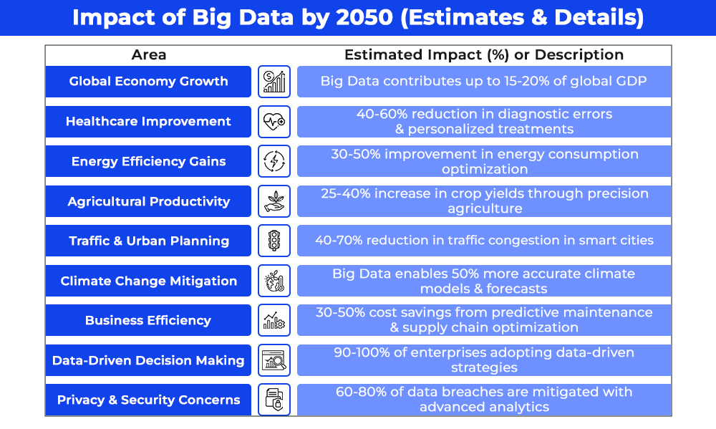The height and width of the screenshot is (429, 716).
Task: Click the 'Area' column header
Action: pos(148,55)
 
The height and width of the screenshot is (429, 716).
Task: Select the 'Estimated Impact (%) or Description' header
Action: pos(484,55)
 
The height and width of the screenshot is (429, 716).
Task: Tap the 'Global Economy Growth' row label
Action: pos(148,82)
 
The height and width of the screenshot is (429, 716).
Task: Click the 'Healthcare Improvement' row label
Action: pos(148,122)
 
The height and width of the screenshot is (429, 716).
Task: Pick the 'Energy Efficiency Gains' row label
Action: pos(148,161)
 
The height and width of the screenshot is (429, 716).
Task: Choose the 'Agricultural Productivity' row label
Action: pos(148,201)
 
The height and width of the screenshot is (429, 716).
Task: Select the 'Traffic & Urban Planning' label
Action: pos(148,241)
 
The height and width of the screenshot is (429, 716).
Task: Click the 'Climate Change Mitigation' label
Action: pos(148,281)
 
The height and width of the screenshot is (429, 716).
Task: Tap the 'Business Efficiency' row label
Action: pos(148,320)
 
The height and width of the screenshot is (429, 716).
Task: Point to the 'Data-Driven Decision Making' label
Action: pos(148,360)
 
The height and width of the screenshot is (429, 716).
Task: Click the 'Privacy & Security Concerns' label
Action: pos(148,400)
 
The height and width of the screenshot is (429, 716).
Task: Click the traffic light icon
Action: pos(274,241)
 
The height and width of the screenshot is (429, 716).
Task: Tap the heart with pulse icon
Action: pos(274,122)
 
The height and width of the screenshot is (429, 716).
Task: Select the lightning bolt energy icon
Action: pos(274,161)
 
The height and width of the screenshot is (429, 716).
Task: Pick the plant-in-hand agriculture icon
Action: pos(274,201)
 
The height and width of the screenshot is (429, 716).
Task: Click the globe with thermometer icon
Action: pos(274,281)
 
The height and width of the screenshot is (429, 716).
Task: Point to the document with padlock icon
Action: pos(274,400)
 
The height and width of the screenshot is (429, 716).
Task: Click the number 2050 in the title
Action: pos(364,17)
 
